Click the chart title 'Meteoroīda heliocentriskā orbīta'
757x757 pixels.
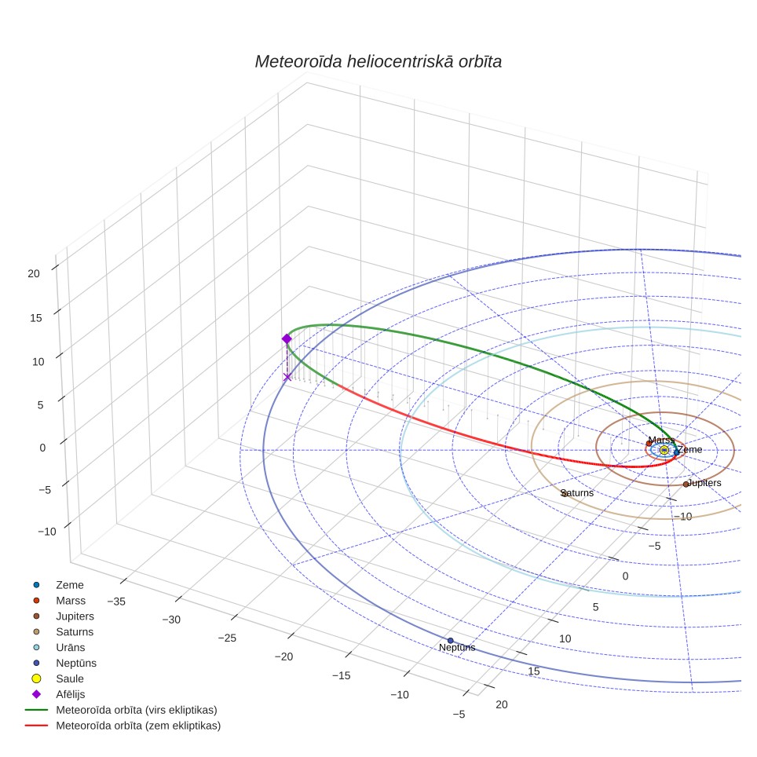378,62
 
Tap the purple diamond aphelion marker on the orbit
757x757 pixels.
287,339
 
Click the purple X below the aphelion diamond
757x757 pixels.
287,377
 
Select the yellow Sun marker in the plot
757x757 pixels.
664,450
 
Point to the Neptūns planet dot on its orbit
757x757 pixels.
451,641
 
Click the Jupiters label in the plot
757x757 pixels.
704,483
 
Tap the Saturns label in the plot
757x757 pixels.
577,493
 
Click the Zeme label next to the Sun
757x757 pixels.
690,449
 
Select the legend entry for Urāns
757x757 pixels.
71,647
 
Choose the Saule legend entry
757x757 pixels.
70,678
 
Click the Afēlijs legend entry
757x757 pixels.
71,694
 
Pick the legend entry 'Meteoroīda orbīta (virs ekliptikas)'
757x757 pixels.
137,710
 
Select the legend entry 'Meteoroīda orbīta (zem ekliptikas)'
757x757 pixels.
138,726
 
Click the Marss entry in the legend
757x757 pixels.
71,601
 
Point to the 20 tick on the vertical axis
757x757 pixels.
34,274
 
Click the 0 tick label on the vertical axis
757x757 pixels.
42,448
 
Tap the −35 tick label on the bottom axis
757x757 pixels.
116,602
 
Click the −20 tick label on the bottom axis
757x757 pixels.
283,656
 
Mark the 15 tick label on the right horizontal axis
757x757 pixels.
533,671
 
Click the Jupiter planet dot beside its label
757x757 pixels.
686,485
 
